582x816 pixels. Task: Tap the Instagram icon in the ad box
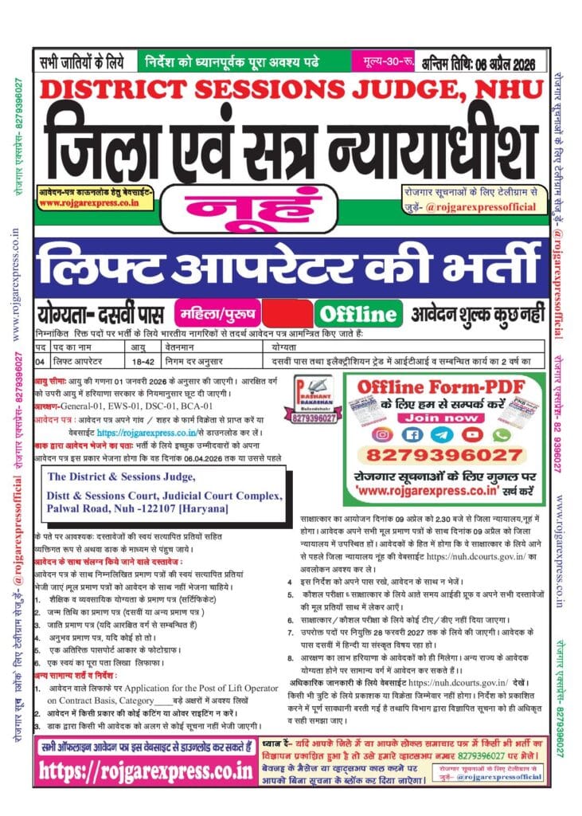tap(385, 434)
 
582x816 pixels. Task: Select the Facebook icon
tap(412, 434)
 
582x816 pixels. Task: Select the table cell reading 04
tap(40, 362)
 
